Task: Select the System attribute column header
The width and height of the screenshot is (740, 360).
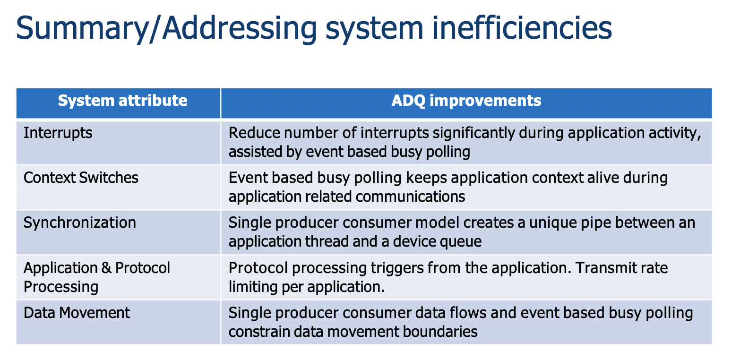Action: [x=122, y=101]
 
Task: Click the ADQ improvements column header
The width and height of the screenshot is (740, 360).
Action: [x=466, y=101]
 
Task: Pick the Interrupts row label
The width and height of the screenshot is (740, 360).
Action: [x=58, y=133]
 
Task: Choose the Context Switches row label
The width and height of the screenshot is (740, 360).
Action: [x=81, y=178]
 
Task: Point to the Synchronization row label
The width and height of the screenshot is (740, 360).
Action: [x=80, y=223]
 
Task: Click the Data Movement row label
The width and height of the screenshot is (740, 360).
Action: [x=77, y=313]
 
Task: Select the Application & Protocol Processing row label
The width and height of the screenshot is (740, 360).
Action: [x=97, y=277]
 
